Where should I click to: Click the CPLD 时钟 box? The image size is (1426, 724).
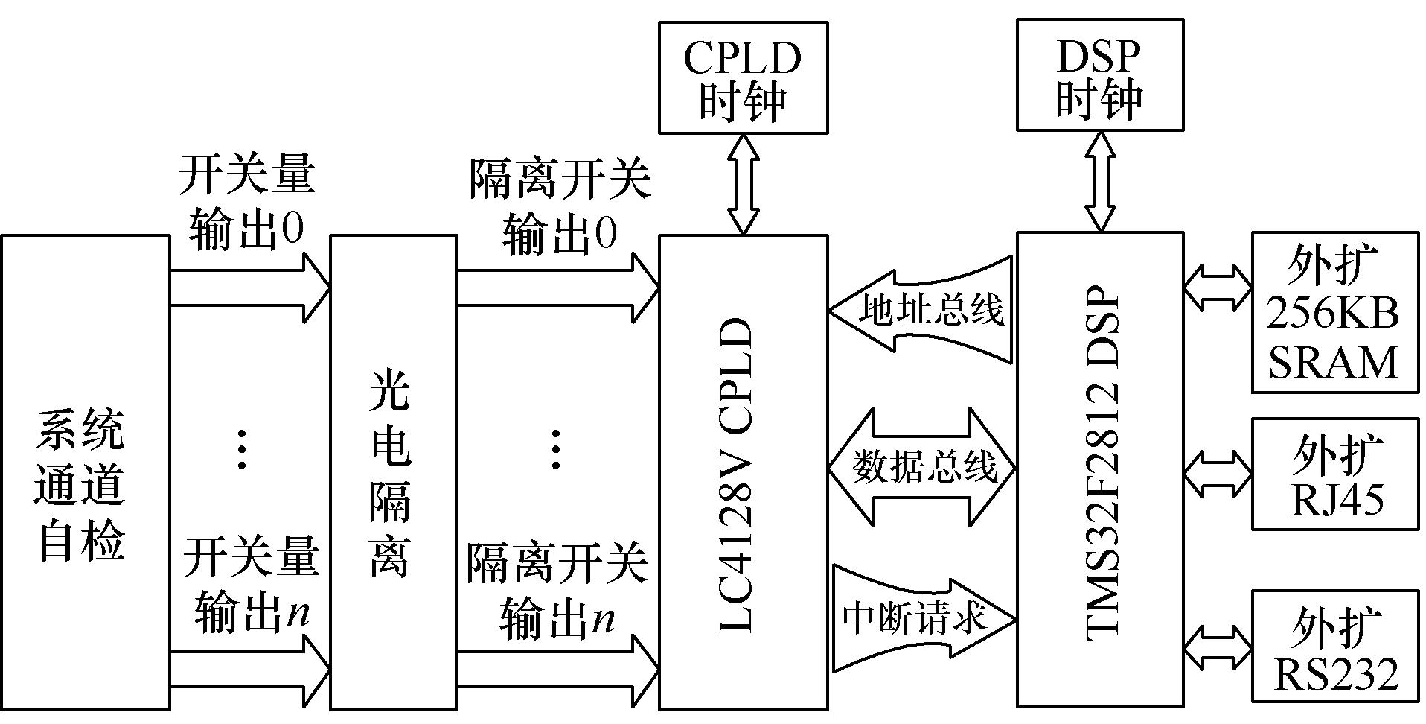[743, 77]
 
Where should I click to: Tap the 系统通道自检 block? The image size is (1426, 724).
[84, 472]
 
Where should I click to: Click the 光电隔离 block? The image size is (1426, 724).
[392, 472]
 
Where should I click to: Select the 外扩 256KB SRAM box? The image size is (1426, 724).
[1334, 313]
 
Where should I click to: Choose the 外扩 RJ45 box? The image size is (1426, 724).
[1334, 474]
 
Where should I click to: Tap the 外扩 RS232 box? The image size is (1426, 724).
[1334, 645]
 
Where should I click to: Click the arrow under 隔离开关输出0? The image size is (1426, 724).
[557, 288]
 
